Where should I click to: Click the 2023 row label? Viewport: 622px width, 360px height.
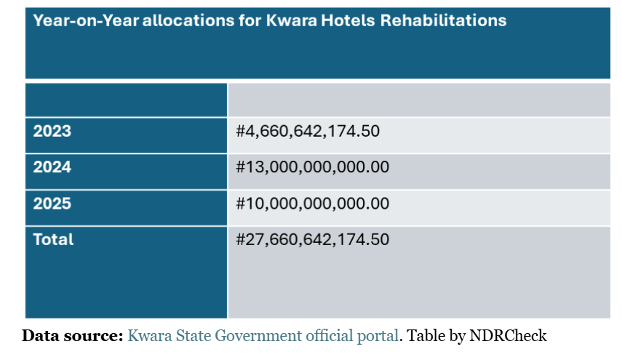pos(52,132)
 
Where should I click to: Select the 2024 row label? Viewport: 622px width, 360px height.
pos(52,167)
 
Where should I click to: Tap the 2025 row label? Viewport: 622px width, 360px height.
pos(52,204)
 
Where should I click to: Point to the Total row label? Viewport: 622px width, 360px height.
pos(53,239)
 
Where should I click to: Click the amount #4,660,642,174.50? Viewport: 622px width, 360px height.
pos(308,132)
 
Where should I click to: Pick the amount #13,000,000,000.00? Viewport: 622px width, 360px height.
pos(313,167)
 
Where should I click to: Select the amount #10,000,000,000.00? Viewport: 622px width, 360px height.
pos(313,204)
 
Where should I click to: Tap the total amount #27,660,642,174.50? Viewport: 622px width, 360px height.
pos(313,239)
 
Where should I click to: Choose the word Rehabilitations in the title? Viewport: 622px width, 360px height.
pos(444,20)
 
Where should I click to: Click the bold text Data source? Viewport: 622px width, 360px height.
pos(72,336)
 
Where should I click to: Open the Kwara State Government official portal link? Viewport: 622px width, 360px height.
pos(263,336)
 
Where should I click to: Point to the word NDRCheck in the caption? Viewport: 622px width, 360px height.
pos(509,336)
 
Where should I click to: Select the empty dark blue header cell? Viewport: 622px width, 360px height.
pos(127,100)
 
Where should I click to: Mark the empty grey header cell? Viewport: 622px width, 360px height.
pos(419,100)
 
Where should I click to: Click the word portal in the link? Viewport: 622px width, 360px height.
pos(380,336)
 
